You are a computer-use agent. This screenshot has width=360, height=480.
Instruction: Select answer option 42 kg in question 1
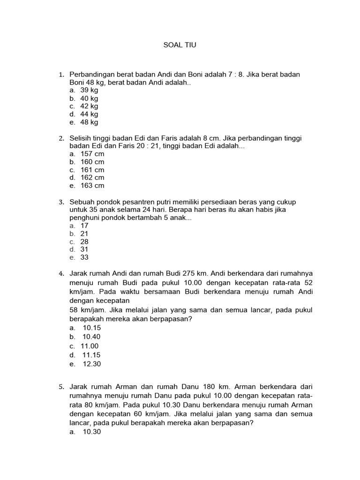(89, 106)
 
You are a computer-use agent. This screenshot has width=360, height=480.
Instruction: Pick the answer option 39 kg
(89, 90)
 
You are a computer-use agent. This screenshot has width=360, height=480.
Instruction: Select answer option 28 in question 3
(84, 241)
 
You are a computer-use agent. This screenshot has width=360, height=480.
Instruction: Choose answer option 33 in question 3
(84, 257)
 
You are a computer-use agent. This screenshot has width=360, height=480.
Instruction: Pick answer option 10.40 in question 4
(91, 337)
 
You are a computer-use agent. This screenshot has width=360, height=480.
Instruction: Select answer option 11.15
(91, 355)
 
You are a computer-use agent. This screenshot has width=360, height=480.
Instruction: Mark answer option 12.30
(91, 364)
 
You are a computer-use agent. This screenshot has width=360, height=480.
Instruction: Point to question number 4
(61, 273)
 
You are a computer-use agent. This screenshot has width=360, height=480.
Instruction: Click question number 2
(61, 138)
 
